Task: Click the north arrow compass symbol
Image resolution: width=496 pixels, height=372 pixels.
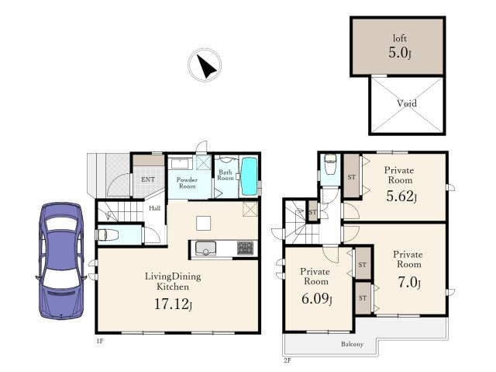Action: pos(205,65)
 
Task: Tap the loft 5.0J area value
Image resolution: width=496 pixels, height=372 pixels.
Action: pos(400,53)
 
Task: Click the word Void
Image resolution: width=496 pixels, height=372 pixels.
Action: pos(407,103)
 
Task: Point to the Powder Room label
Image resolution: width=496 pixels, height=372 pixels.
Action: pos(187,183)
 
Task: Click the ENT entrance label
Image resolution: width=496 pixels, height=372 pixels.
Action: pos(148,179)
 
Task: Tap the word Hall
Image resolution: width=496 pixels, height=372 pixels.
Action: pos(155,208)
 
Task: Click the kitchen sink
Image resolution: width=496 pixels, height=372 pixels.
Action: pos(205,248)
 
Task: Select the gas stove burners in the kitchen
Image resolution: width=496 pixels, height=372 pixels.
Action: pos(245,248)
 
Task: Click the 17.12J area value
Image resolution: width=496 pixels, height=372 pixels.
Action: pos(173,304)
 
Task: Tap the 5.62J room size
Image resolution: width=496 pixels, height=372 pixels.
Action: pos(401,196)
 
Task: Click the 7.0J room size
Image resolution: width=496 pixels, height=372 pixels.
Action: pos(409,283)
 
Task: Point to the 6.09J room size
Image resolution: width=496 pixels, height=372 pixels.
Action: pos(317,299)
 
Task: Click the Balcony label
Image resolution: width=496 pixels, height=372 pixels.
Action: pos(352,344)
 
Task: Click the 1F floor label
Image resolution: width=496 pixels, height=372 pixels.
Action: pos(100,341)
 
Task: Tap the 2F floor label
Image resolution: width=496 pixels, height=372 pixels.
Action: pos(288,360)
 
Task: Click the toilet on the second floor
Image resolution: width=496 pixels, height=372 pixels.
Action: pos(331,165)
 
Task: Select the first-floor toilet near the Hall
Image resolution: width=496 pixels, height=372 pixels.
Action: pos(108,235)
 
